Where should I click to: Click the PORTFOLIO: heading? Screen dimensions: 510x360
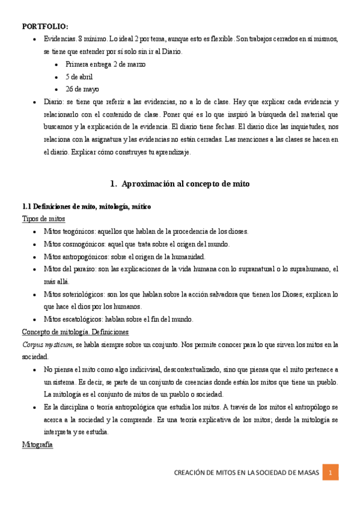(x=45, y=26)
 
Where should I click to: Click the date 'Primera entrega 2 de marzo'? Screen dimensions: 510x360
(x=105, y=64)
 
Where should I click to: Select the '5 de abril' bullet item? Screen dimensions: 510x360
(x=79, y=77)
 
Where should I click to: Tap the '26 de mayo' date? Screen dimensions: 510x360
(x=82, y=90)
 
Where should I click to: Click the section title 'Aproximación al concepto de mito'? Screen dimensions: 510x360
(x=185, y=183)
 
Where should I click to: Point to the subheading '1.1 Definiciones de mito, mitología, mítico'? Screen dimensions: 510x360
(x=86, y=206)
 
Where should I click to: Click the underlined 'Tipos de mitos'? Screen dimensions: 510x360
(x=43, y=219)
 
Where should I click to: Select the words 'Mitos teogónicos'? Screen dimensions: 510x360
(x=69, y=232)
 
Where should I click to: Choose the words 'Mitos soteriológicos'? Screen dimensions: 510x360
(x=73, y=294)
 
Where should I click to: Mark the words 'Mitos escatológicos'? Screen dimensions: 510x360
(x=73, y=319)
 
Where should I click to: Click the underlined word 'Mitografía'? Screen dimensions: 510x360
(x=37, y=445)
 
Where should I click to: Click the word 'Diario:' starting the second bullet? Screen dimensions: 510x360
(x=55, y=102)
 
